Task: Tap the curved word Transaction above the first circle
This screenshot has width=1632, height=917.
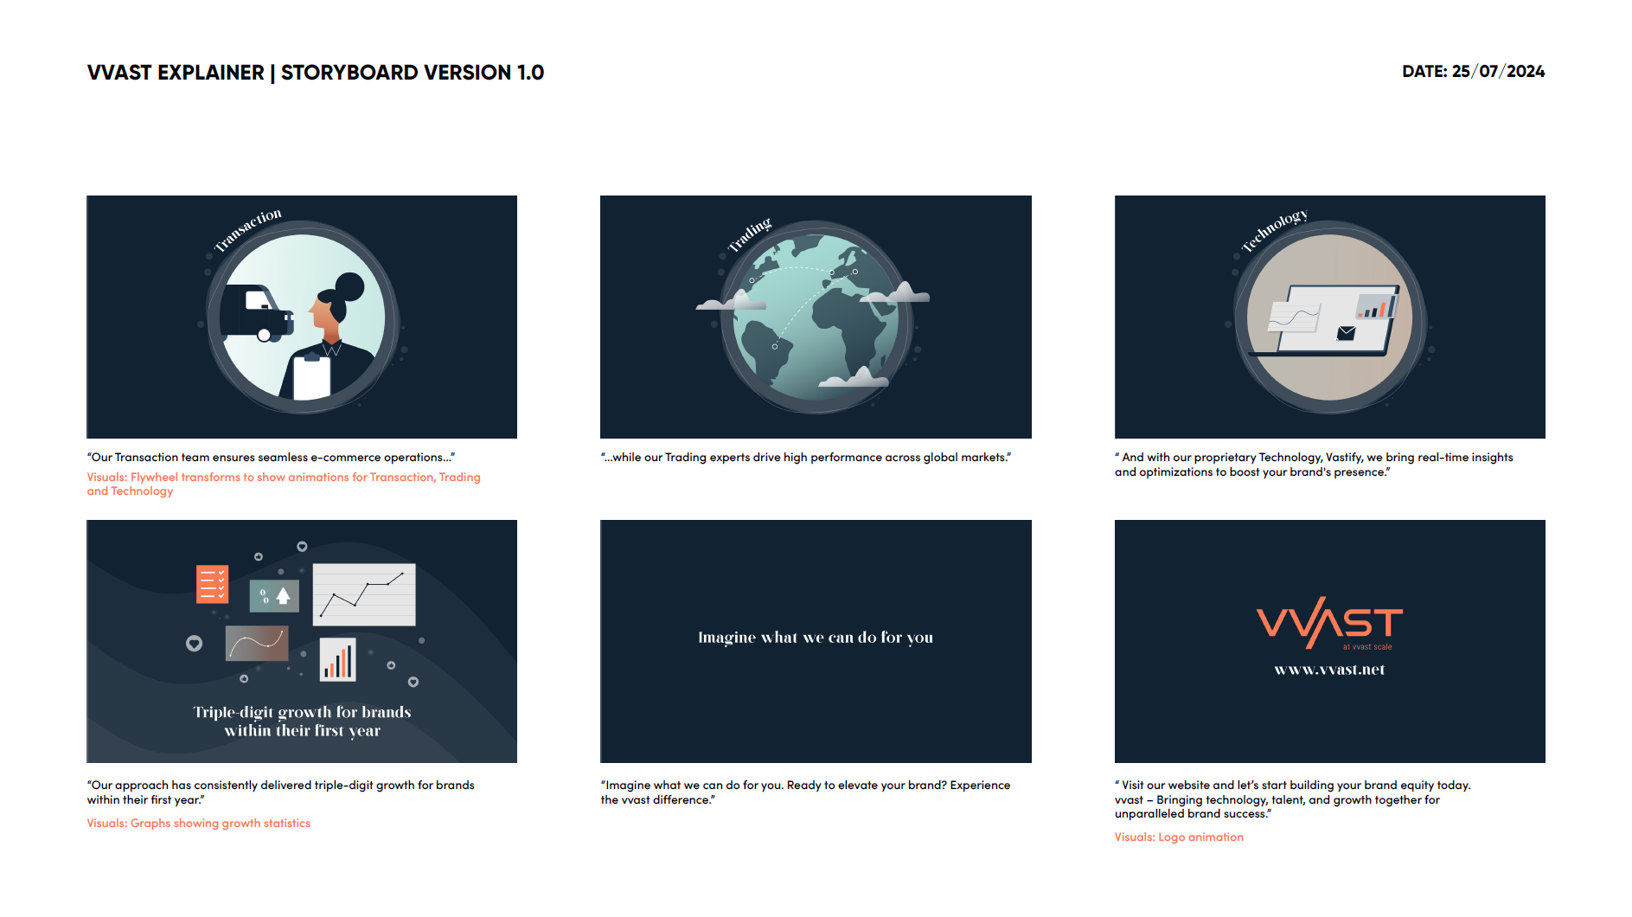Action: pyautogui.click(x=248, y=229)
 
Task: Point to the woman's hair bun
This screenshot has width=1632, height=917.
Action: pyautogui.click(x=349, y=285)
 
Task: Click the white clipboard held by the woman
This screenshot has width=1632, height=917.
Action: pyautogui.click(x=311, y=376)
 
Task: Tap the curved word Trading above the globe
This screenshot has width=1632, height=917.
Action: pyautogui.click(x=749, y=234)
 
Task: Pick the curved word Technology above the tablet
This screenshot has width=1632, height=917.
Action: pyautogui.click(x=1274, y=229)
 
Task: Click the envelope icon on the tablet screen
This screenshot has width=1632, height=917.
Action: pyautogui.click(x=1346, y=333)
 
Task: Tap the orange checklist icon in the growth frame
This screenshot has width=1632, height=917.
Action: pyautogui.click(x=212, y=584)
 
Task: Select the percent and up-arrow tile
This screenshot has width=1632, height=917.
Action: pyautogui.click(x=274, y=596)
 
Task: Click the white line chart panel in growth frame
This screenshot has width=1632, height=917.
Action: pyautogui.click(x=364, y=594)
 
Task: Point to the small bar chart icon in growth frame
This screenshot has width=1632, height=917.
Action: pyautogui.click(x=338, y=660)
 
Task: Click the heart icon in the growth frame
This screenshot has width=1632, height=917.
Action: pyautogui.click(x=194, y=643)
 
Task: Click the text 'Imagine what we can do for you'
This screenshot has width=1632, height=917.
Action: pyautogui.click(x=816, y=638)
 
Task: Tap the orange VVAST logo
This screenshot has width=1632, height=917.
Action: pyautogui.click(x=1329, y=622)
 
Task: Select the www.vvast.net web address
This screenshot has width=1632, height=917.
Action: pyautogui.click(x=1329, y=670)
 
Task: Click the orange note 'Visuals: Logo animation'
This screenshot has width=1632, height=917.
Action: pyautogui.click(x=1179, y=837)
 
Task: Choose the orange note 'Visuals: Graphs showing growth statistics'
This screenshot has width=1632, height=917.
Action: pyautogui.click(x=198, y=824)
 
